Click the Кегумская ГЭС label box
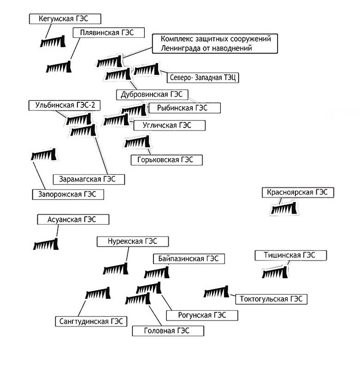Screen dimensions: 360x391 (65, 19)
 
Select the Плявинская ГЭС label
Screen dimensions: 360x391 (109, 33)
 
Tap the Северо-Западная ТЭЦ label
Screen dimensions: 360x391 (203, 77)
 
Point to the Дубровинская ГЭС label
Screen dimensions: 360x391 (152, 95)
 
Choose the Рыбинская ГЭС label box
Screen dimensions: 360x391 (185, 108)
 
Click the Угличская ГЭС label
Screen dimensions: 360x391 (170, 125)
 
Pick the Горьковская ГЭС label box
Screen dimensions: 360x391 (167, 160)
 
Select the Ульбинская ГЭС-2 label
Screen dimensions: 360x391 (65, 105)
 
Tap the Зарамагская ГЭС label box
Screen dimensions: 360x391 (89, 179)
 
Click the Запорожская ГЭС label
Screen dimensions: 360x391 (68, 195)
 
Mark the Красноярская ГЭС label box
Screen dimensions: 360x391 (298, 193)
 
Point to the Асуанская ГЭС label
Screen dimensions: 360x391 (73, 219)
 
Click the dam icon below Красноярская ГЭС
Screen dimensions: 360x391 (284, 208)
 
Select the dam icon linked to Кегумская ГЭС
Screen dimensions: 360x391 (53, 41)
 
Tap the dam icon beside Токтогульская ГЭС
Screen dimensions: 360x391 (216, 291)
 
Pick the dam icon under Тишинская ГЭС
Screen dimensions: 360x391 (275, 273)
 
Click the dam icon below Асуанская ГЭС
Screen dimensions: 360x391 (46, 244)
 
